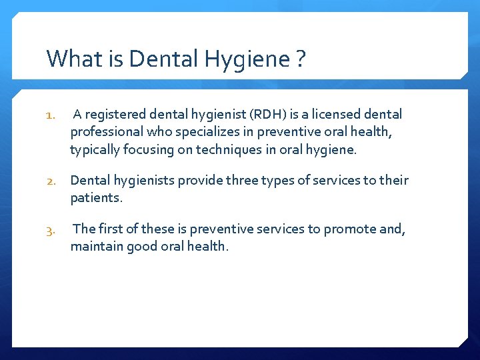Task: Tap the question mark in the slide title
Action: point(301,59)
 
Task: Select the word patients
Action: point(95,198)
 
